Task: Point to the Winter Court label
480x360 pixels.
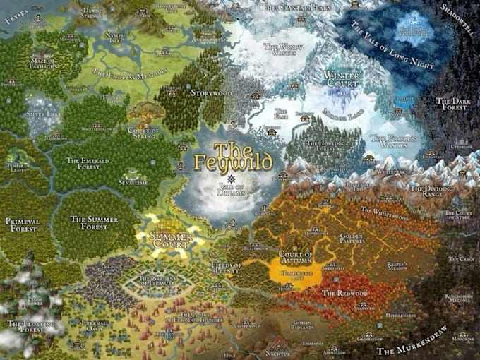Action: pyautogui.click(x=343, y=80)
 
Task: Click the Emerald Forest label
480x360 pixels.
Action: pyautogui.click(x=88, y=162)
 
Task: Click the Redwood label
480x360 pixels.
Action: pyautogui.click(x=345, y=293)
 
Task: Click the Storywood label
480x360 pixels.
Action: pyautogui.click(x=213, y=93)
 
